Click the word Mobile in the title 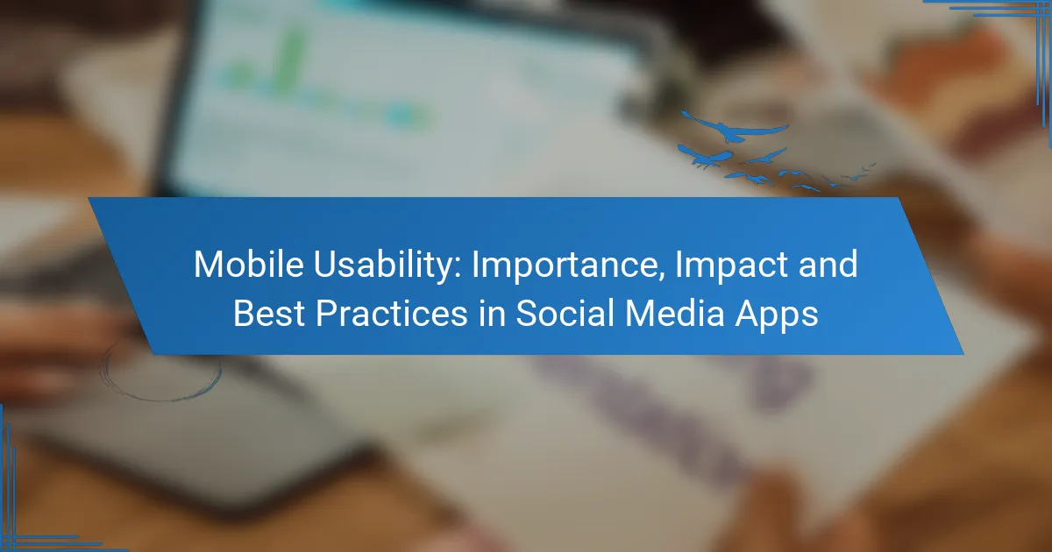(249, 265)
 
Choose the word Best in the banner (269, 313)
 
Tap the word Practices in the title (392, 313)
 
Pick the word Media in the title (675, 313)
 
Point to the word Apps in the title (777, 316)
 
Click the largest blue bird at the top (734, 127)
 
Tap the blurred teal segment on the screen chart (403, 116)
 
